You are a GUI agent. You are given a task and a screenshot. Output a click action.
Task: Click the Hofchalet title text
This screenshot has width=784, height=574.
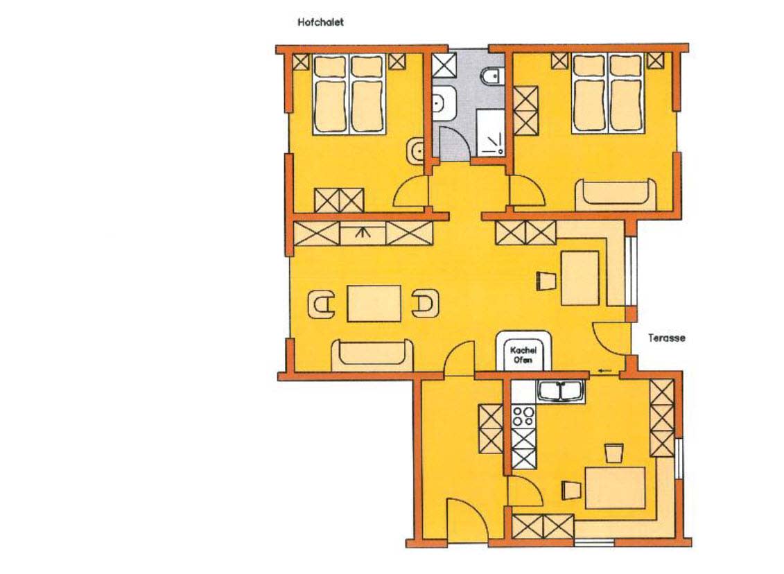[320, 22]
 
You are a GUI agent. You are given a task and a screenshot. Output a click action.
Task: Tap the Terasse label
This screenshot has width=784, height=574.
[666, 338]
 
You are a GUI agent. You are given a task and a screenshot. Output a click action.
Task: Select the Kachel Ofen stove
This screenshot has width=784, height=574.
[523, 351]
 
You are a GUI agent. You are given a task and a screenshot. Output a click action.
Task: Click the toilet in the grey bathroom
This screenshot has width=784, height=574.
[491, 76]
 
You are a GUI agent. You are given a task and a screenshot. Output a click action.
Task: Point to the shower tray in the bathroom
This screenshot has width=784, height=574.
[490, 132]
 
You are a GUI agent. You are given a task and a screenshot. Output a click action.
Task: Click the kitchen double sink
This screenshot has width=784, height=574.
[561, 390]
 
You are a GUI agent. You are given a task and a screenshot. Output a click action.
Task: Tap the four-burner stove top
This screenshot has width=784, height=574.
[524, 415]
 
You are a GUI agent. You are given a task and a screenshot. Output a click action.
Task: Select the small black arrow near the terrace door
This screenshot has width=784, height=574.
[604, 370]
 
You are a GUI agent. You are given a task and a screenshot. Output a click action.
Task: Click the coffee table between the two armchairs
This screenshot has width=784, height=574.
[374, 304]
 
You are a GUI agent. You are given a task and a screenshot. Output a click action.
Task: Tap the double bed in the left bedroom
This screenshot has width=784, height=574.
[349, 94]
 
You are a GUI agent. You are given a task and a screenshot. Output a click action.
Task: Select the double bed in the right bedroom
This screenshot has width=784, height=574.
[608, 94]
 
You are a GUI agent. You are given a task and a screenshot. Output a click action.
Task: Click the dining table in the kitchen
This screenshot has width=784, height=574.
[616, 487]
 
